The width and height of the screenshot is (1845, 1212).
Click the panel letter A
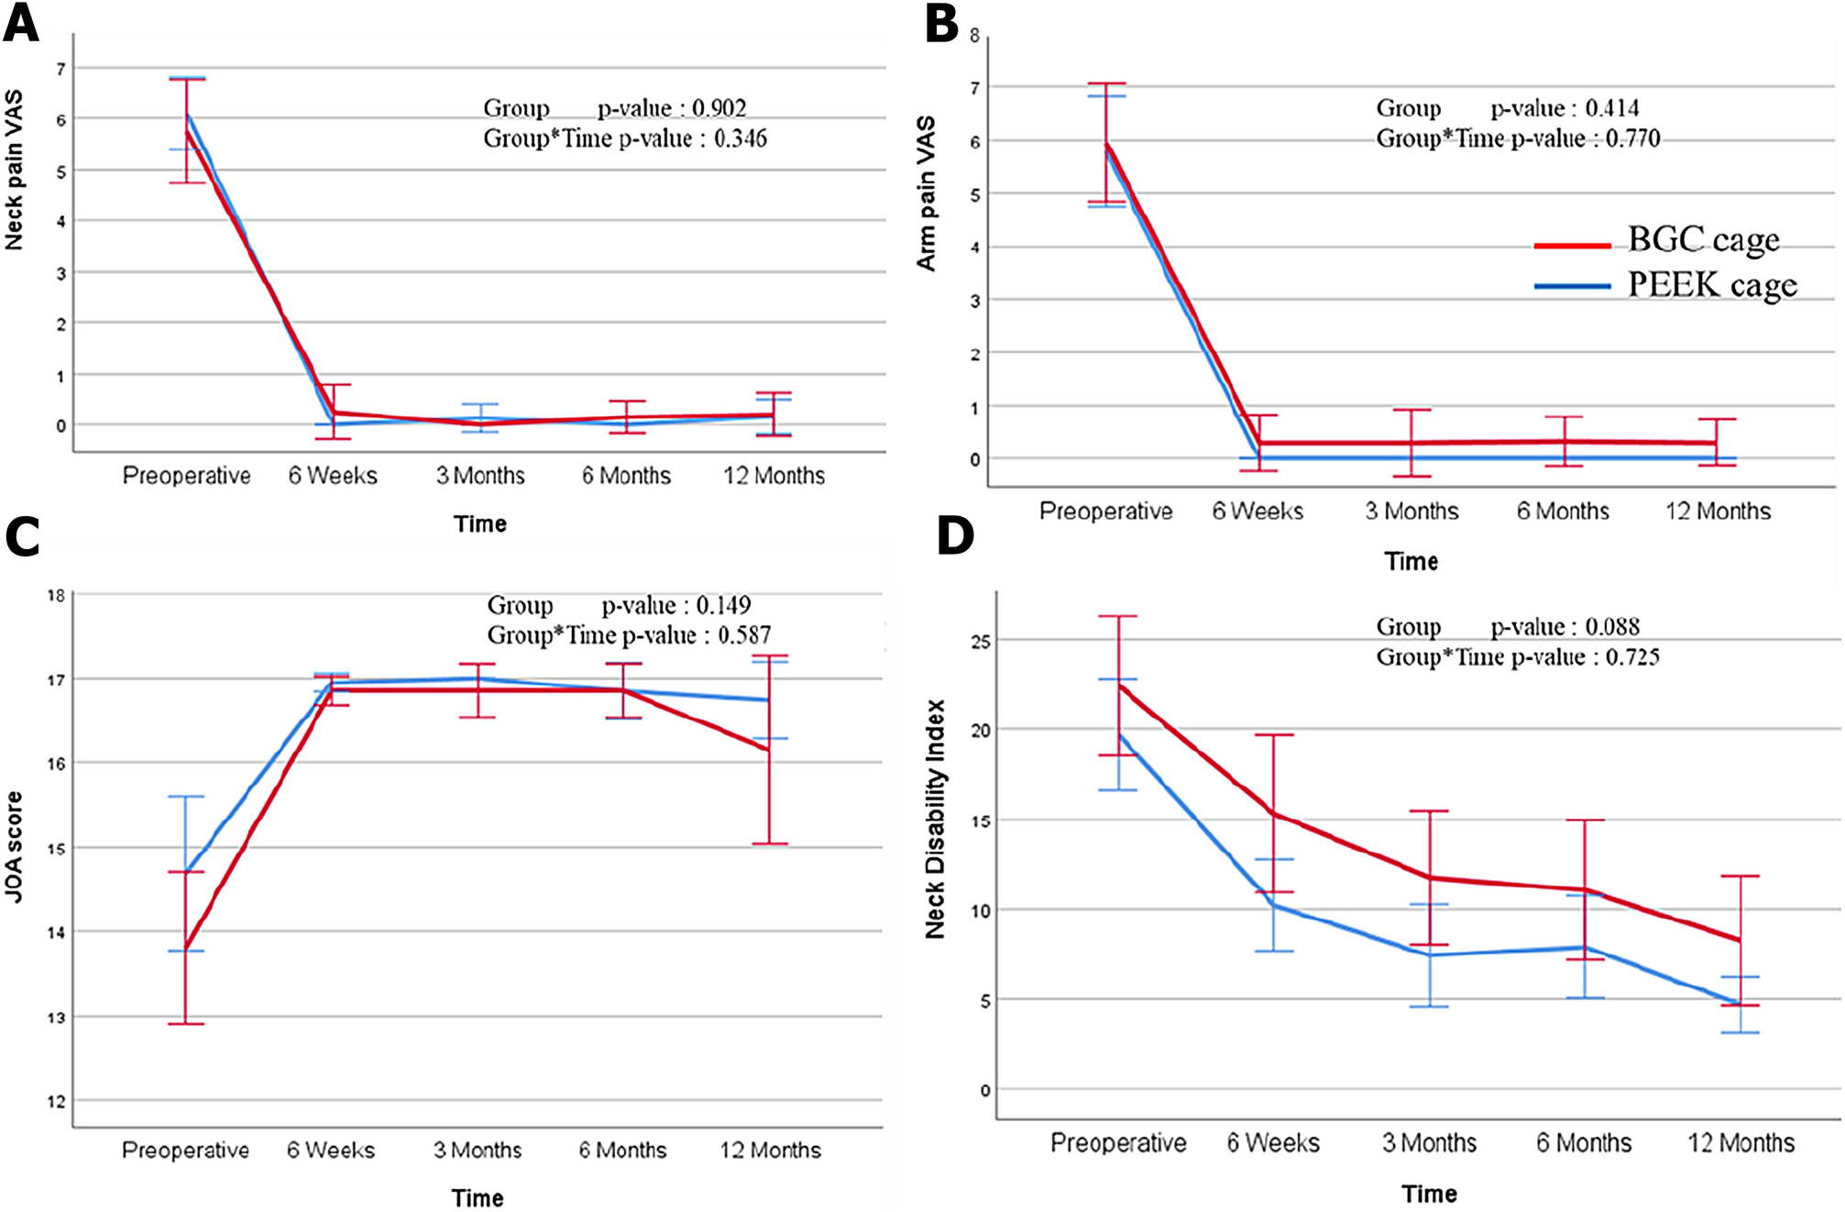(21, 23)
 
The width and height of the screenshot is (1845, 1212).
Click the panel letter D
(955, 536)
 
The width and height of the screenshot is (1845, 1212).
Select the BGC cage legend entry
(1703, 240)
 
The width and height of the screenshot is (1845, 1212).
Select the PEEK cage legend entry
(1711, 285)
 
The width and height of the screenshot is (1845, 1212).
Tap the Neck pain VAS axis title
(15, 171)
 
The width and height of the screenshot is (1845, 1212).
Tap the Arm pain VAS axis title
(927, 193)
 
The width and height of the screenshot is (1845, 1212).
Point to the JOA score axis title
(15, 847)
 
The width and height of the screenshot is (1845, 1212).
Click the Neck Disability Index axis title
(935, 819)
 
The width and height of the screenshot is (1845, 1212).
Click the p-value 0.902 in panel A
(719, 108)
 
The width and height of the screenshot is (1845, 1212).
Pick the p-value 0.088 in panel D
(1611, 627)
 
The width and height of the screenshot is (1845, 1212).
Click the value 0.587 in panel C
(743, 635)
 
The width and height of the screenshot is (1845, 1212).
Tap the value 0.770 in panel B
(1632, 138)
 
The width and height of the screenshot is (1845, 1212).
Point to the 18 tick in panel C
(57, 596)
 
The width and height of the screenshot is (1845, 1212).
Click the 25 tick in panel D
(981, 641)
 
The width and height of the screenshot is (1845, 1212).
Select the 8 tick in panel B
(974, 36)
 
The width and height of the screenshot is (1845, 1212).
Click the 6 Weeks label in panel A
(333, 476)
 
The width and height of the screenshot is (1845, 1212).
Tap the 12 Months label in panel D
(1741, 1143)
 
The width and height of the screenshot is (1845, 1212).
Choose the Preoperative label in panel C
(185, 1150)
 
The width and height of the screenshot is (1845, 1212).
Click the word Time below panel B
(1411, 561)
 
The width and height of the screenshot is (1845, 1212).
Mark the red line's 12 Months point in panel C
(768, 750)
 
